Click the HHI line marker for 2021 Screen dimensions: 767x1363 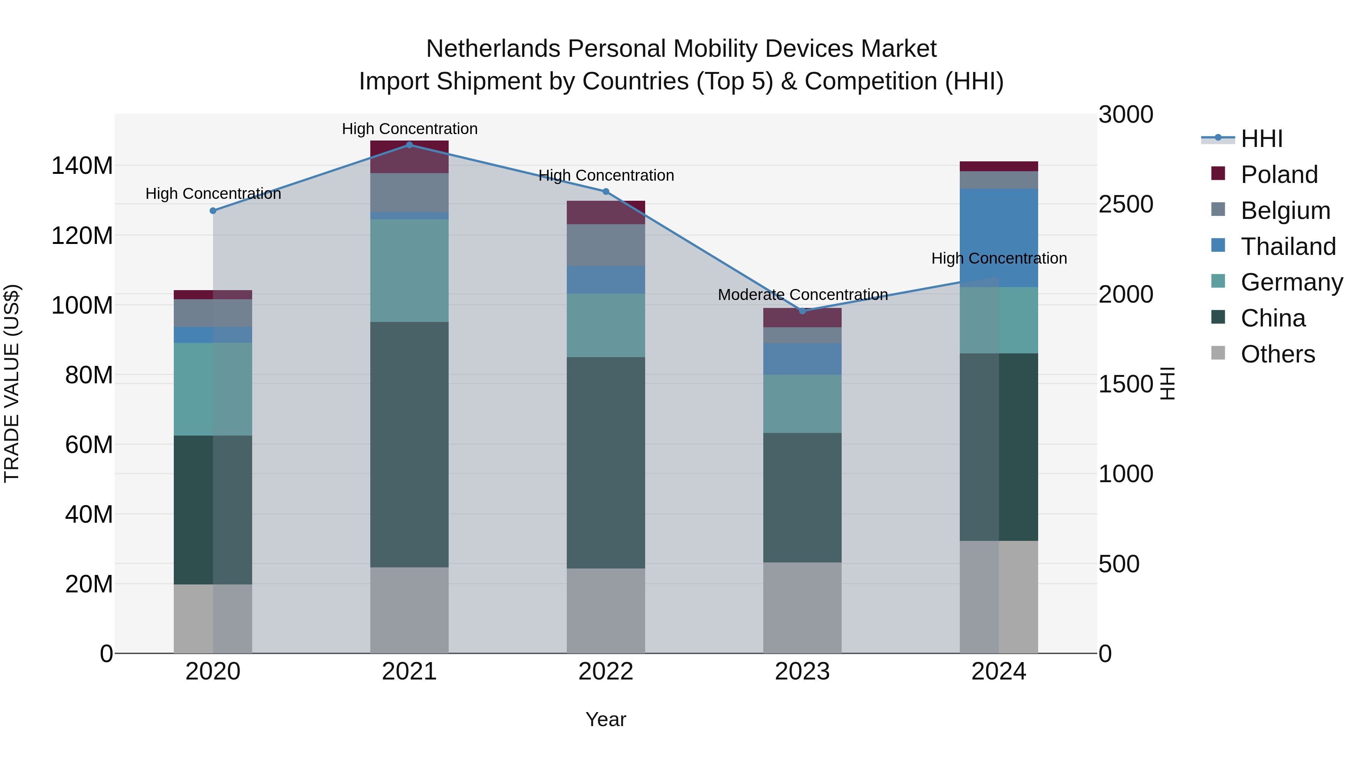409,145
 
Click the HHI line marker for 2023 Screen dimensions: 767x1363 802,311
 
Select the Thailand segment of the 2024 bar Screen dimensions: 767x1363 999,237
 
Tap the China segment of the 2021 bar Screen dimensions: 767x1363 409,445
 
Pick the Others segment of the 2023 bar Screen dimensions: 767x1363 802,608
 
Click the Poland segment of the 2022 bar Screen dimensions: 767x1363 606,212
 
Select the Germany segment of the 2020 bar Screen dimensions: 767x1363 213,389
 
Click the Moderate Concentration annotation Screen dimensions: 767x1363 802,294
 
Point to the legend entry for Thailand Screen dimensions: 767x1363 1288,247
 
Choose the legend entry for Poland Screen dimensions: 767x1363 1279,175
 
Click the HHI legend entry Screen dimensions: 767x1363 1262,139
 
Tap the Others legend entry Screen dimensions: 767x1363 1277,354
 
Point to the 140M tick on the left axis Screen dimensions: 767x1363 82,166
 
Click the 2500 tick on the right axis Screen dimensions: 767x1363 1126,204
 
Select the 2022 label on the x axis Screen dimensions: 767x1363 606,672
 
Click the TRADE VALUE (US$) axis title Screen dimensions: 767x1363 12,383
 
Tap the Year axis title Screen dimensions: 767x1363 606,719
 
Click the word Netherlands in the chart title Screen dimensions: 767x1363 493,49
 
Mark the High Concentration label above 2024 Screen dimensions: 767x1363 999,258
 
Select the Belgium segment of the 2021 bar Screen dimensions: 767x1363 409,193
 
